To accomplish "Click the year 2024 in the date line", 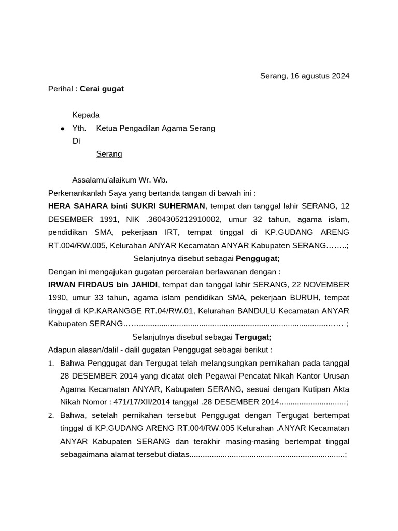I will click(339, 76).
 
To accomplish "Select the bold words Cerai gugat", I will click(102, 89).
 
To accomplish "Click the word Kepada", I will click(86, 115).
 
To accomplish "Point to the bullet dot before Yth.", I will click(63, 128).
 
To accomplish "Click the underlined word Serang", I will click(109, 154).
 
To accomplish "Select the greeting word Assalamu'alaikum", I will click(104, 180).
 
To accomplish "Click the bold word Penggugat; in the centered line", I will click(258, 258).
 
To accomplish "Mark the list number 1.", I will click(51, 362).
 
